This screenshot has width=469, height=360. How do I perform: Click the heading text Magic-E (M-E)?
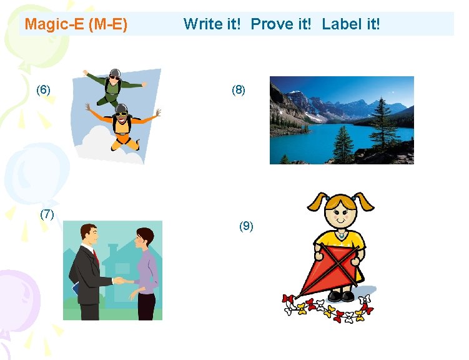76,24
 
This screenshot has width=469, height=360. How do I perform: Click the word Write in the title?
202,24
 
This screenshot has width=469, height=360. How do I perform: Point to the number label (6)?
43,89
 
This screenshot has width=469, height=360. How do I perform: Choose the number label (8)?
239,89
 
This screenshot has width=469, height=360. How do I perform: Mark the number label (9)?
246,226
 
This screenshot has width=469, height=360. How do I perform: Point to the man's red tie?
96,257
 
